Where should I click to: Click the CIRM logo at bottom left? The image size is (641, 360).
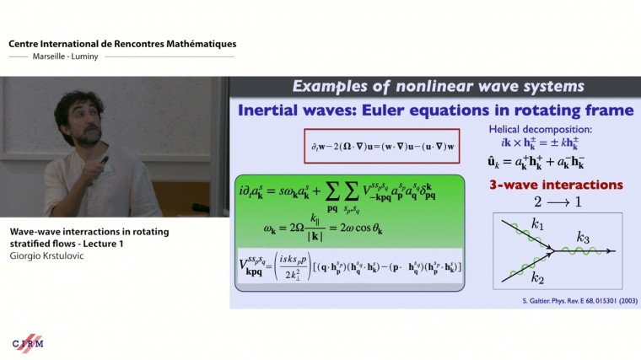tap(28, 342)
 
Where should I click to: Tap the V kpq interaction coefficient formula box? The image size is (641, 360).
tap(350, 267)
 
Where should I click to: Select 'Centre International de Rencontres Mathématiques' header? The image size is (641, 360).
tap(122, 43)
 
